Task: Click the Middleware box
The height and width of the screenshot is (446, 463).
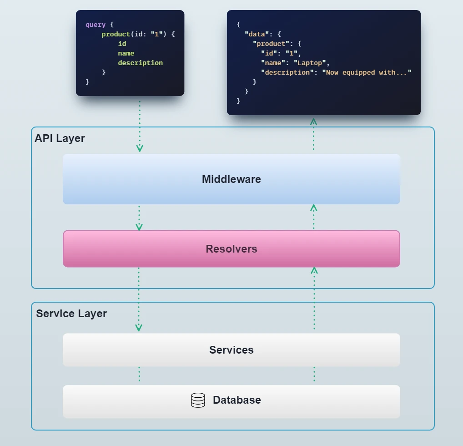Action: point(231,179)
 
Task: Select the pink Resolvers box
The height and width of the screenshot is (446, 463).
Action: point(231,249)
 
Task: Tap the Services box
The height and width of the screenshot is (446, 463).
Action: point(231,350)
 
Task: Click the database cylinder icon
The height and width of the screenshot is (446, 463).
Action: point(198,400)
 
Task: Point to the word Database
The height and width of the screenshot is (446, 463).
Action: point(237,400)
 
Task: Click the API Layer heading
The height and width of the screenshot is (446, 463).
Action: point(60,138)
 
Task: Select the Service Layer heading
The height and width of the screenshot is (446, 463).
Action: point(71,314)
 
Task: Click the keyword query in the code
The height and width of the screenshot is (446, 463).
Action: point(96,25)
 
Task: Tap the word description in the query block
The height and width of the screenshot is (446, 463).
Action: point(140,63)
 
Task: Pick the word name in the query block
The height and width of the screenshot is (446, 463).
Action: point(126,53)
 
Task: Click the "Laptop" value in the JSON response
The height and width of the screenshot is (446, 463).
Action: point(310,63)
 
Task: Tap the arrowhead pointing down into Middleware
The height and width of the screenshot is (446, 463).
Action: point(140,148)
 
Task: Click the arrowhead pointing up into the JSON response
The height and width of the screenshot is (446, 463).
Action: point(313,122)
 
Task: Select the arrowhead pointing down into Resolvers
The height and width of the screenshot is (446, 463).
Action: point(139,227)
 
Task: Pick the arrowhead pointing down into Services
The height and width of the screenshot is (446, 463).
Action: point(139,328)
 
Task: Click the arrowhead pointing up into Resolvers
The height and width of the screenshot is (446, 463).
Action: point(314,270)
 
